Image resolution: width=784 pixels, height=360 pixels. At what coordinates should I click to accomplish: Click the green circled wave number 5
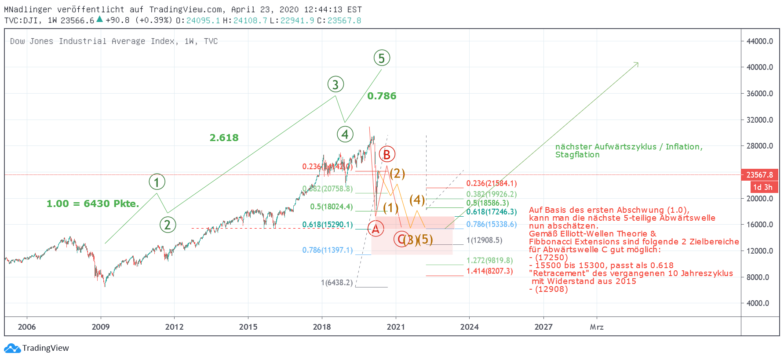[x=382, y=58]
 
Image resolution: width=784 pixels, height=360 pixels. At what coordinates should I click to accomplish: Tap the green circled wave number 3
[x=335, y=84]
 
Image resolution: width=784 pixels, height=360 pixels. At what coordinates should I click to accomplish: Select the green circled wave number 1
[x=157, y=182]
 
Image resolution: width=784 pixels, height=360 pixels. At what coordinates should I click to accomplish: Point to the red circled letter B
[x=387, y=154]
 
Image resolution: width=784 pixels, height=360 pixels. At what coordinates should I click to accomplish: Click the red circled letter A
[x=376, y=228]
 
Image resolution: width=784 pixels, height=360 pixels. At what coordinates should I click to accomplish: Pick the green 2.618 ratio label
[x=224, y=138]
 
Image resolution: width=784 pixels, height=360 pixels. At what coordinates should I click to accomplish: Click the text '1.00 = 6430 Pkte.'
[x=93, y=204]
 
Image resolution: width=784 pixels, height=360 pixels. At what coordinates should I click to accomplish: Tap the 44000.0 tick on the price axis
[x=759, y=41]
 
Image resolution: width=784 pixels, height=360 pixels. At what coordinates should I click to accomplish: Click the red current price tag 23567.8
[x=759, y=175]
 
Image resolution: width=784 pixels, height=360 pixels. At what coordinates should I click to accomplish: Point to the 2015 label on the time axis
[x=248, y=327]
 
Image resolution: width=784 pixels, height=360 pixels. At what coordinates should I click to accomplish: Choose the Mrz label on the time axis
[x=597, y=327]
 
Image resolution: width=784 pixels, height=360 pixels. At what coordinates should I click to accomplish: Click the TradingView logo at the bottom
[x=37, y=348]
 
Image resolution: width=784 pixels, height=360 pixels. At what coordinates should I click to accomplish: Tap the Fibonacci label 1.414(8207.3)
[x=489, y=271]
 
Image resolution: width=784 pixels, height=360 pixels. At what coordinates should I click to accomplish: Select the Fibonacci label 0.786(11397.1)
[x=327, y=250]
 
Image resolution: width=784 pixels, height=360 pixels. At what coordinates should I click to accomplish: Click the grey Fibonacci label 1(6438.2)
[x=336, y=283]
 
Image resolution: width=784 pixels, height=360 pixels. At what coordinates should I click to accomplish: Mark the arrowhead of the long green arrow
[x=637, y=64]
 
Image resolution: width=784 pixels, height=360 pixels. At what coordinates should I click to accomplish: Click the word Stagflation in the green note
[x=577, y=155]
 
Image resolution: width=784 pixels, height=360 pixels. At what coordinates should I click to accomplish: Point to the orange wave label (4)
[x=417, y=200]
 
